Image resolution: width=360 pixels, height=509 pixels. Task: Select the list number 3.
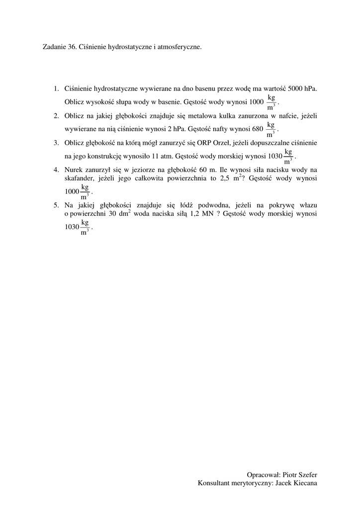(x=56, y=143)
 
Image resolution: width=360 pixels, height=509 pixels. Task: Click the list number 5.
(x=56, y=205)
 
